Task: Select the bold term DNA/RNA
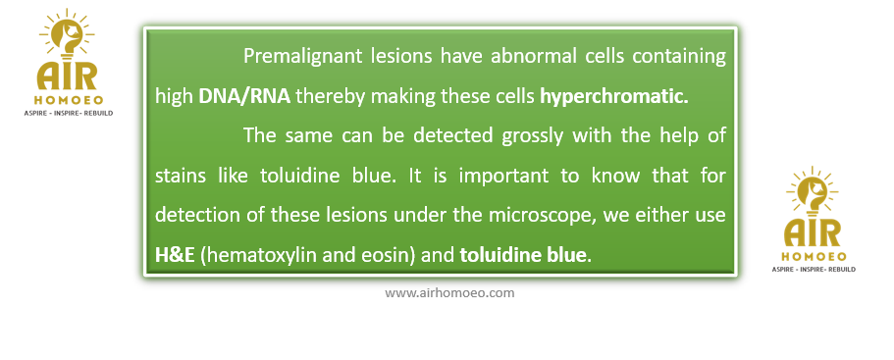tap(244, 97)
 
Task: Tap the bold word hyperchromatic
tap(614, 97)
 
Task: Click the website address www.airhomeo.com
tap(449, 293)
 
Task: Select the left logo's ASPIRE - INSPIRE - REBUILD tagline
tap(68, 114)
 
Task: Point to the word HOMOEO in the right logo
tap(814, 257)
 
